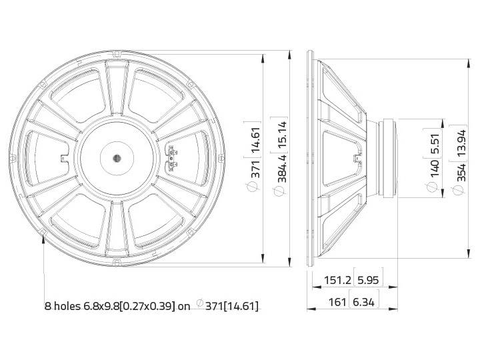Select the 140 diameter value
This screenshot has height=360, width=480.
coord(434,169)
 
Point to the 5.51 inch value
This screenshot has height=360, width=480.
coord(434,143)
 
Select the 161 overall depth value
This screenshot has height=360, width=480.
coord(338,302)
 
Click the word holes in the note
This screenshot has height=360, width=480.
coord(67,306)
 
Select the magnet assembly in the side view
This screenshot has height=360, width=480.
coord(386,159)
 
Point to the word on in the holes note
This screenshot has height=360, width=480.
coord(184,306)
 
